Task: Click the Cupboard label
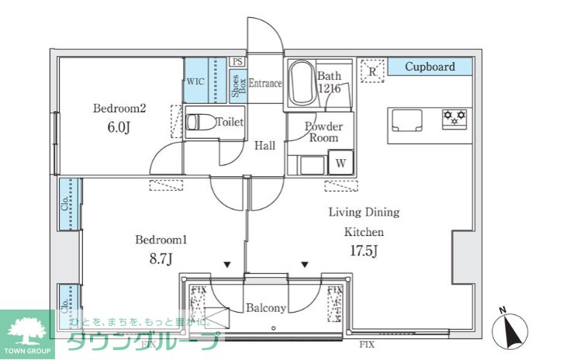click(x=429, y=67)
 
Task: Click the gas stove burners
click(x=454, y=118)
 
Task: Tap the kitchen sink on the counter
click(x=406, y=121)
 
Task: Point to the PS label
click(x=238, y=61)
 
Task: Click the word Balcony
click(x=266, y=308)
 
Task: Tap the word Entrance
click(x=264, y=84)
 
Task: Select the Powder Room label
click(x=323, y=132)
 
